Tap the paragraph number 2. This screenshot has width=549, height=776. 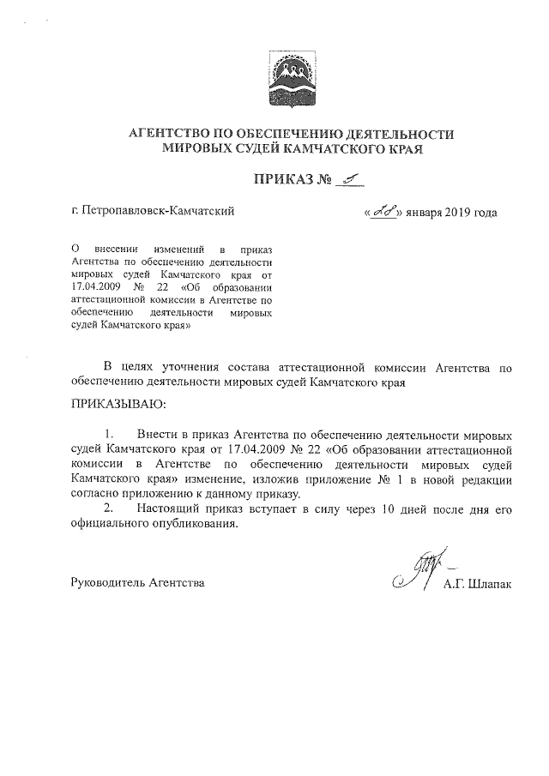[x=109, y=510]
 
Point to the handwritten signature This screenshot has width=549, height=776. [x=414, y=572]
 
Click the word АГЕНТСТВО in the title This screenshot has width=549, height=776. [x=172, y=135]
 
